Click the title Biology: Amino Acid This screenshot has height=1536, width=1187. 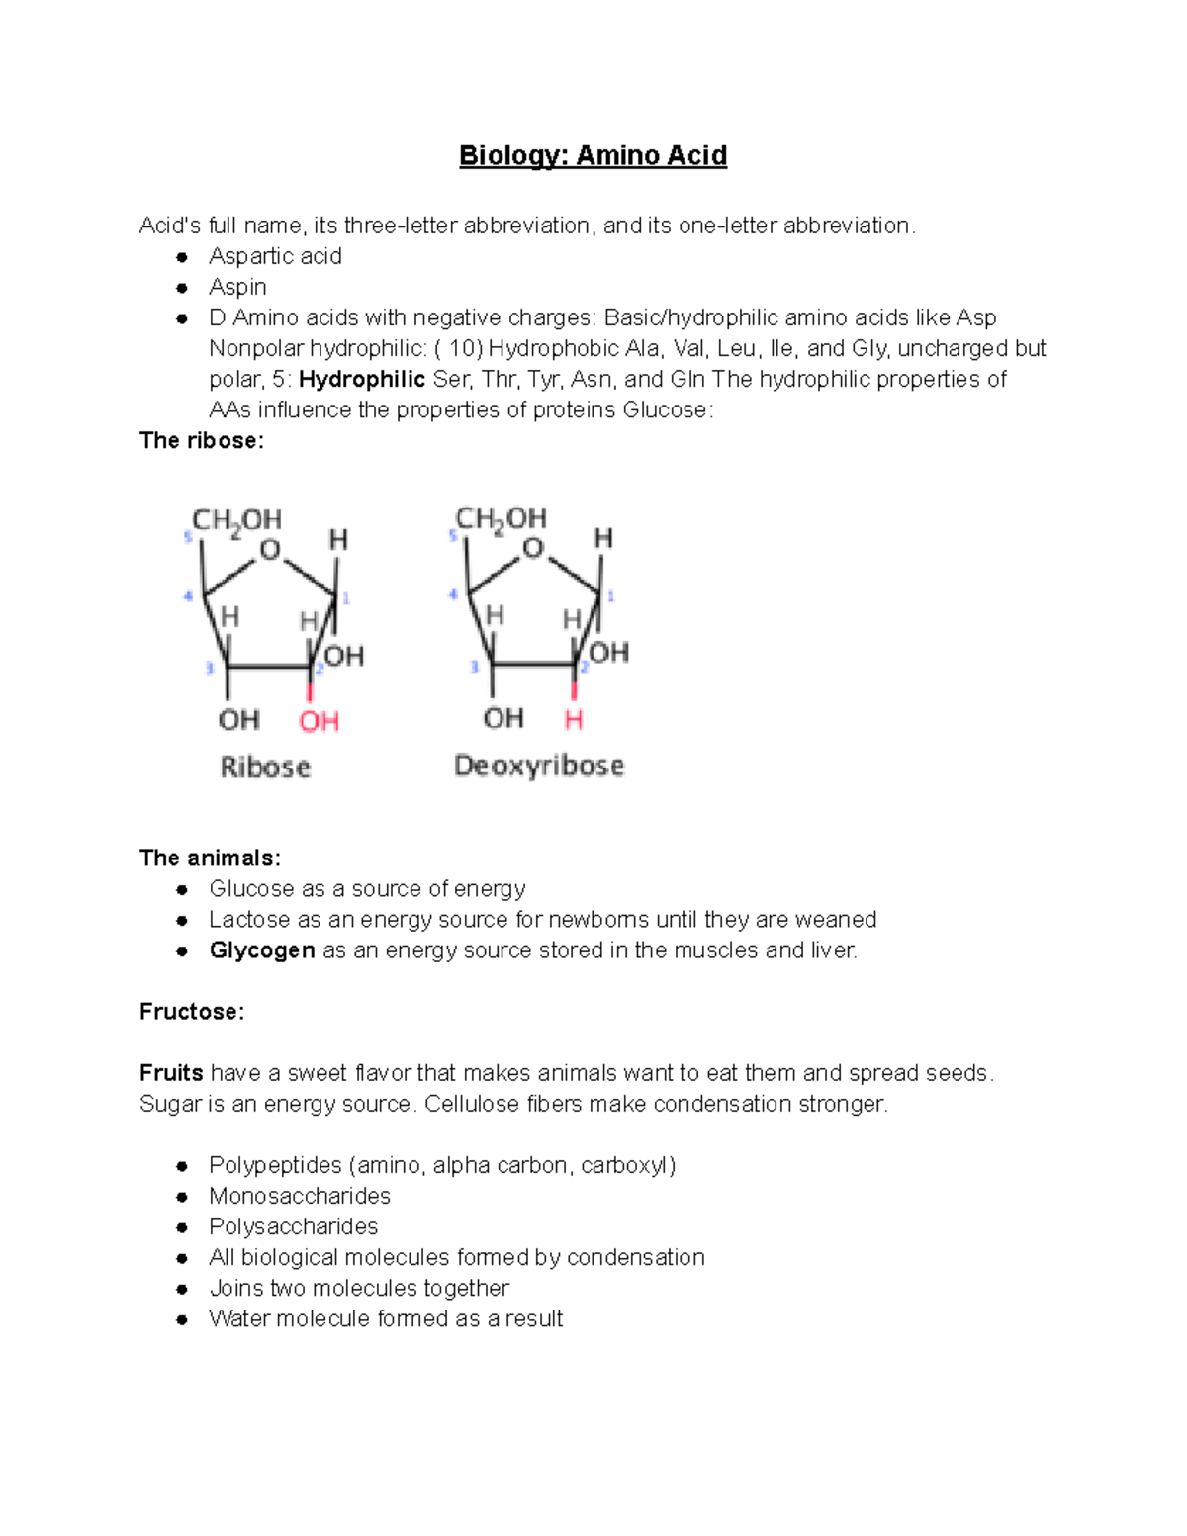click(x=593, y=156)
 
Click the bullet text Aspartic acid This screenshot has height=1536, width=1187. click(x=275, y=256)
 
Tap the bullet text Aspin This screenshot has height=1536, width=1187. click(x=237, y=287)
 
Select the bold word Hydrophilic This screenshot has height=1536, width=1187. click(x=361, y=379)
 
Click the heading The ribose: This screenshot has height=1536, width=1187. click(x=202, y=440)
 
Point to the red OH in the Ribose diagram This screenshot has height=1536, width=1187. click(x=319, y=721)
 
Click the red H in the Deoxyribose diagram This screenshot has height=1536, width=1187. click(x=574, y=719)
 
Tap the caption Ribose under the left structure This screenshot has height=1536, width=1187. click(x=265, y=767)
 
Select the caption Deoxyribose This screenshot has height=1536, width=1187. click(x=539, y=766)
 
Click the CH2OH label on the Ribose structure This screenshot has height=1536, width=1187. click(x=236, y=520)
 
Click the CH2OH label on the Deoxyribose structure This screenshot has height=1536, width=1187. click(x=501, y=519)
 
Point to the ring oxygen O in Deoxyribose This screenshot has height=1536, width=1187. click(x=533, y=548)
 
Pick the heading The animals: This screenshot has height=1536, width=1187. click(x=210, y=858)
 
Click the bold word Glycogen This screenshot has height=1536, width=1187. click(x=261, y=950)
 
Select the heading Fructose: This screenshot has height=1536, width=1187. click(x=192, y=1012)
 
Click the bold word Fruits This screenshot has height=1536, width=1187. click(x=171, y=1073)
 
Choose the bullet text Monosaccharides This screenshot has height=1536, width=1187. click(x=300, y=1196)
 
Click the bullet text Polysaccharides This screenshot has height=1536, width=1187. click(x=293, y=1226)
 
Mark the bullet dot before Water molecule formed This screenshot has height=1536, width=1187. click(x=182, y=1319)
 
